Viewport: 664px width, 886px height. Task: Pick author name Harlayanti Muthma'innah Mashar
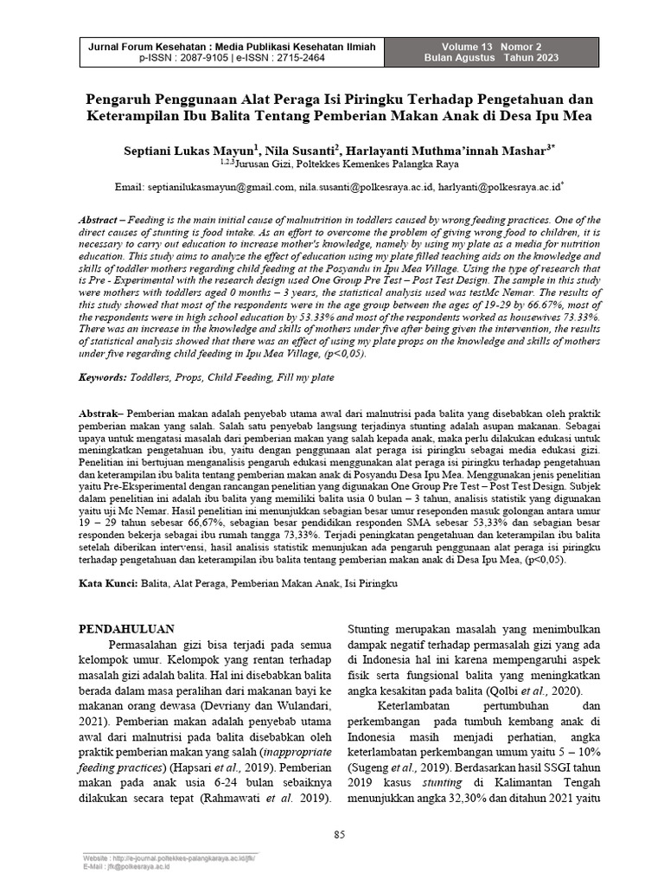(x=434, y=148)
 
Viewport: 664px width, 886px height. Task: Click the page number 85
(x=339, y=834)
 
